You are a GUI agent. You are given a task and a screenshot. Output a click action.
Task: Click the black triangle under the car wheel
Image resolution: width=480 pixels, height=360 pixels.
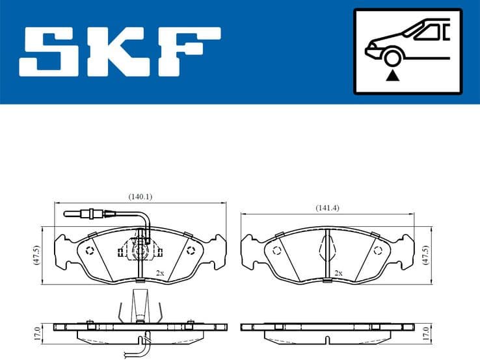point(392,76)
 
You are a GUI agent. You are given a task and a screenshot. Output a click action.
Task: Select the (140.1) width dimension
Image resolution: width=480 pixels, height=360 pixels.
point(140,196)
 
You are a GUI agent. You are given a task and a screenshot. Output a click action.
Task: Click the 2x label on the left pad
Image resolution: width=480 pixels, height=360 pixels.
point(159,273)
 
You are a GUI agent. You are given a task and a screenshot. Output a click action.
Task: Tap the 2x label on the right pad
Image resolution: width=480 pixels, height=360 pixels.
point(338,273)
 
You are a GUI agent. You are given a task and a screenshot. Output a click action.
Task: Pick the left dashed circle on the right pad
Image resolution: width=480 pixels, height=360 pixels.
point(276,250)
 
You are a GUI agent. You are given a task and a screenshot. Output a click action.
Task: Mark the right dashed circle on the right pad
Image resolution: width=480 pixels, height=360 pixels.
point(378,250)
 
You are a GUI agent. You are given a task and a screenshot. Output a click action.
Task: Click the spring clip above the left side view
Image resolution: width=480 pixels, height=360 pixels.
point(139,305)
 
